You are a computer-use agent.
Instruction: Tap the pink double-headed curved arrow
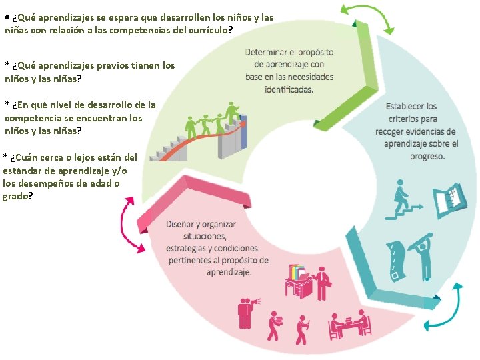click(130, 227)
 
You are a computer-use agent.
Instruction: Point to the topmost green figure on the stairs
click(232, 111)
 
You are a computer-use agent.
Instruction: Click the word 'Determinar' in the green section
click(267, 52)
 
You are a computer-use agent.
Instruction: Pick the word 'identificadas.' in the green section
click(289, 89)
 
